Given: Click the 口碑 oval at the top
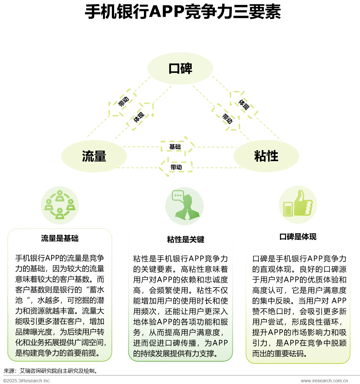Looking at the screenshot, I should click(x=180, y=68).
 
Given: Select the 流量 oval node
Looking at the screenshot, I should click(x=94, y=156).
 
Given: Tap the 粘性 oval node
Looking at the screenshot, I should click(x=266, y=156).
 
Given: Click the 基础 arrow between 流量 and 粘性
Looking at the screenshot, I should click(x=177, y=146).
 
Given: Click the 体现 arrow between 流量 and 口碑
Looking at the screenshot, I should click(x=139, y=117).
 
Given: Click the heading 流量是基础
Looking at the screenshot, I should click(x=60, y=238).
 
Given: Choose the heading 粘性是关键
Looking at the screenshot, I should click(x=185, y=240).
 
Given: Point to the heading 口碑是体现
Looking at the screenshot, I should click(x=298, y=237).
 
